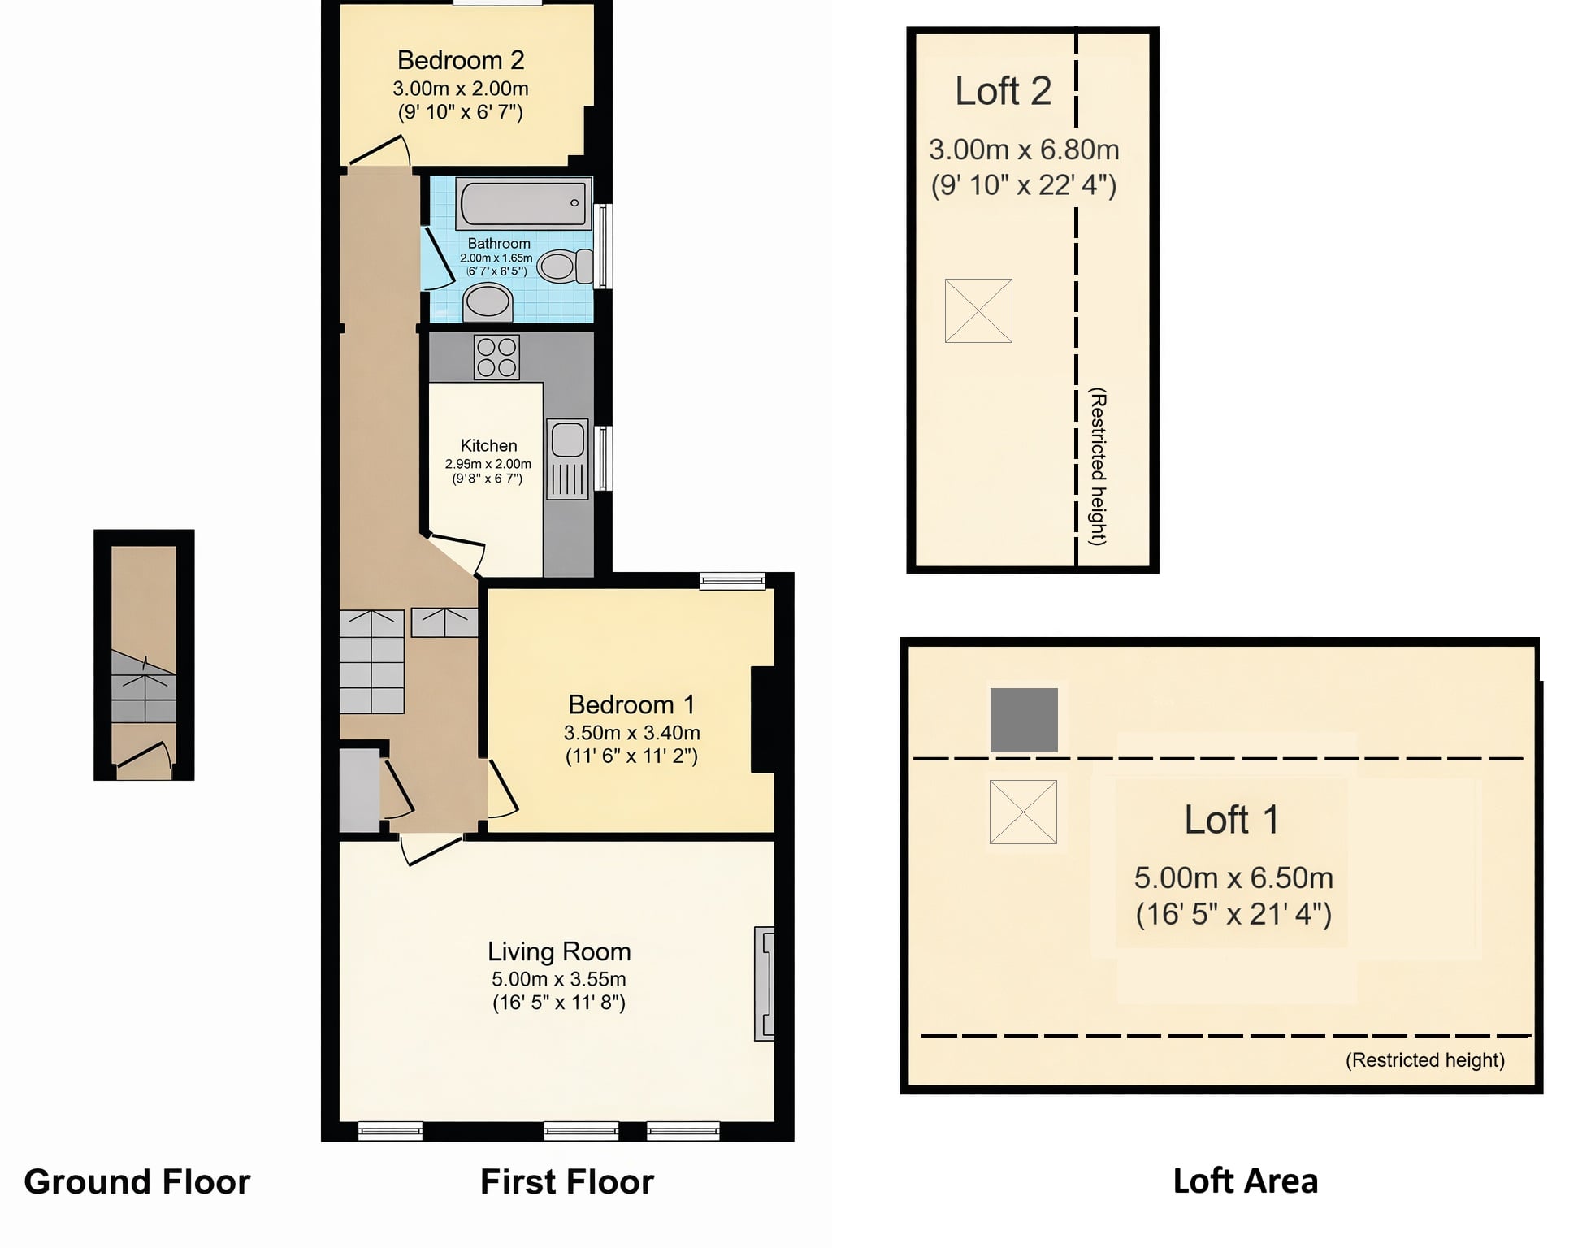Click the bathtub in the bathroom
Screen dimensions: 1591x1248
522,202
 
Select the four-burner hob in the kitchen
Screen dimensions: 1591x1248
496,357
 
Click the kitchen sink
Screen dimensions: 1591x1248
567,459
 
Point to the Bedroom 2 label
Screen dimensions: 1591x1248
461,60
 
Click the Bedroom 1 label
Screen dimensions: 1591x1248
631,704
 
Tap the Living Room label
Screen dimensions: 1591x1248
559,951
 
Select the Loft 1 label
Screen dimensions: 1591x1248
1232,820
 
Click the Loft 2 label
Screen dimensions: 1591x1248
1004,91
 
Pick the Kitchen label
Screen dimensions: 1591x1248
488,445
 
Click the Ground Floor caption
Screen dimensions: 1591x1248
137,1182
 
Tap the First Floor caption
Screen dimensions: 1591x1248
567,1182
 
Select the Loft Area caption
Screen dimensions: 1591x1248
1246,1181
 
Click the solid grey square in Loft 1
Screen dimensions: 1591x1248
1024,720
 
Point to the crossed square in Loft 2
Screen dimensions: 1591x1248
978,310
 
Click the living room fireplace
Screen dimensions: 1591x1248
764,983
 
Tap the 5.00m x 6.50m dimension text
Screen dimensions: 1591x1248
1233,878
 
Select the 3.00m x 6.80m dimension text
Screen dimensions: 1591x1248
1024,149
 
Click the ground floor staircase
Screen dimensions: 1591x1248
144,687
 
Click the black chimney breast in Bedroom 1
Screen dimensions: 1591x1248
762,719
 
